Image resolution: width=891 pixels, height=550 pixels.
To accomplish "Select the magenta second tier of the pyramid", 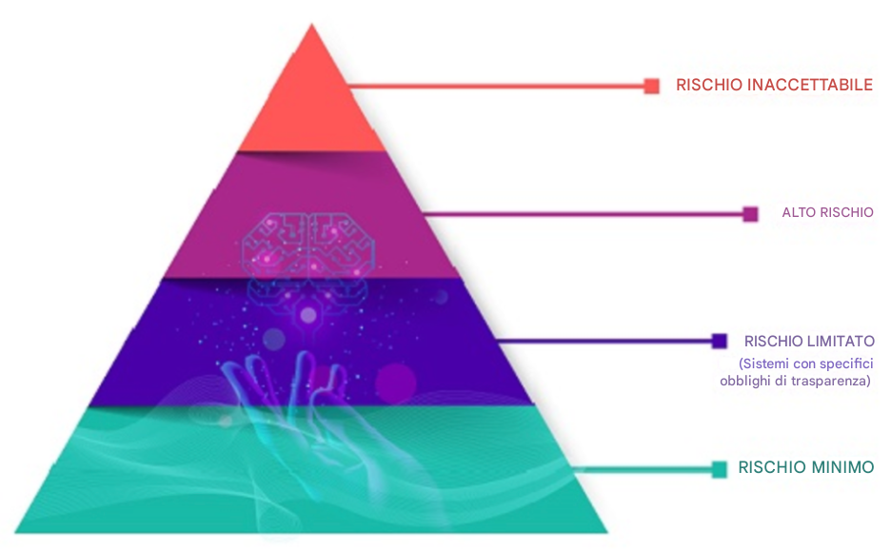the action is [311, 215].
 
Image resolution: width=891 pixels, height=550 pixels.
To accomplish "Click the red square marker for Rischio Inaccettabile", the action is [652, 86].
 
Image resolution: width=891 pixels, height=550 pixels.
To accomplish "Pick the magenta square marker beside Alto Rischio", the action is [751, 214].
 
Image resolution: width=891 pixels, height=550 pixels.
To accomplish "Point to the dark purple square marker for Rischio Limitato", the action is [720, 341].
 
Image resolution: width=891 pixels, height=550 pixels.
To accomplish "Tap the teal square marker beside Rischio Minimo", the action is [720, 469].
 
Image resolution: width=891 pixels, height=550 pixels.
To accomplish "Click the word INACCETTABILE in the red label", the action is [810, 85].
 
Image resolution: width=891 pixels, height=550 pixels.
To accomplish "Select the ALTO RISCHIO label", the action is [827, 212].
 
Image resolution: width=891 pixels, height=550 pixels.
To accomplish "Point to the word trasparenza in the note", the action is [834, 381].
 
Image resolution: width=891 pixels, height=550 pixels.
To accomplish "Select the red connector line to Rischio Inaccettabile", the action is [497, 87].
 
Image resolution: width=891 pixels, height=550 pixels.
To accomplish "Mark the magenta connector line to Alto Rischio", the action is [584, 214].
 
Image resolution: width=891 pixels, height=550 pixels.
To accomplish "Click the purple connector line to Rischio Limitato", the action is [605, 341].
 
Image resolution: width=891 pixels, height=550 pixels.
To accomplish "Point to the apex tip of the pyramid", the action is [311, 24].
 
